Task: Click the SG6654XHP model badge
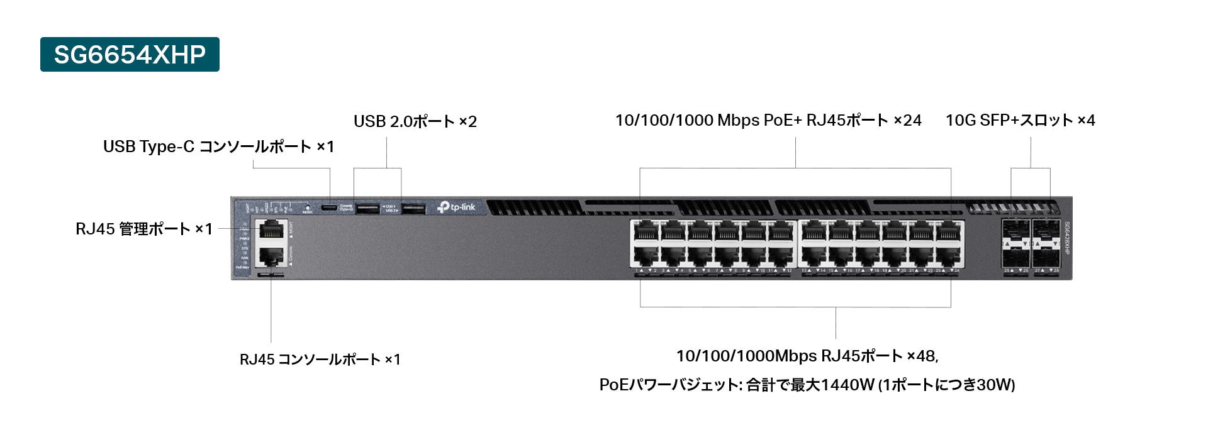tap(130, 55)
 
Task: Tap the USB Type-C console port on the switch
tap(329, 207)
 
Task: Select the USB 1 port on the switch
tap(367, 208)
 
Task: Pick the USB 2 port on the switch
tap(413, 208)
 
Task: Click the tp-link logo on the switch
tap(457, 207)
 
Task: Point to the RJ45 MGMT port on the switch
tap(271, 231)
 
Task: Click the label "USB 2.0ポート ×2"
tap(415, 121)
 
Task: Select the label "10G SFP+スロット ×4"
tap(1020, 120)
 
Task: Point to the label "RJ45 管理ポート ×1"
tap(144, 229)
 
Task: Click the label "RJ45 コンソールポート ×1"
tap(320, 360)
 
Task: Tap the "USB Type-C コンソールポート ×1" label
tap(218, 146)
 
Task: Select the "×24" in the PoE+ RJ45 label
tap(907, 120)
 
